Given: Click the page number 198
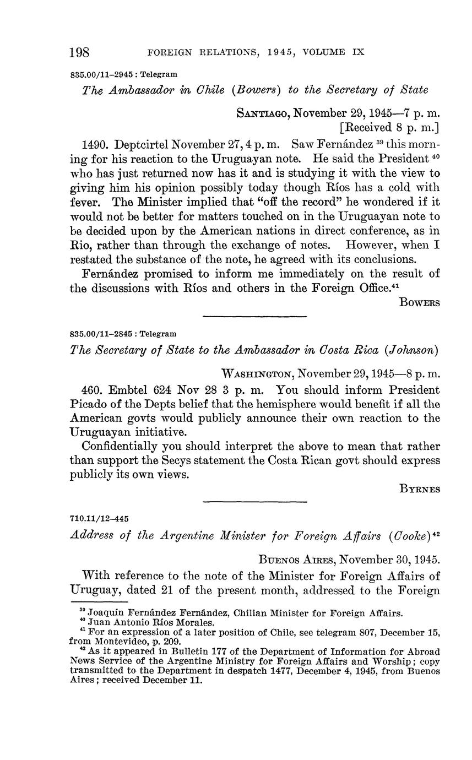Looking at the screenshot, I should (79, 53).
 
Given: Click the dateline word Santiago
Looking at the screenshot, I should (263, 114).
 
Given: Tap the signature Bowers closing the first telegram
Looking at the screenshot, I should (419, 303).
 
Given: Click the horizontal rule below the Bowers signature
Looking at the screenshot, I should (254, 316).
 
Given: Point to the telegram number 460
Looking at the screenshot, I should (91, 390).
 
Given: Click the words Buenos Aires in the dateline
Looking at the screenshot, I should (297, 560).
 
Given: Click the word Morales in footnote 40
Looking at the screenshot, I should (196, 623).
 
